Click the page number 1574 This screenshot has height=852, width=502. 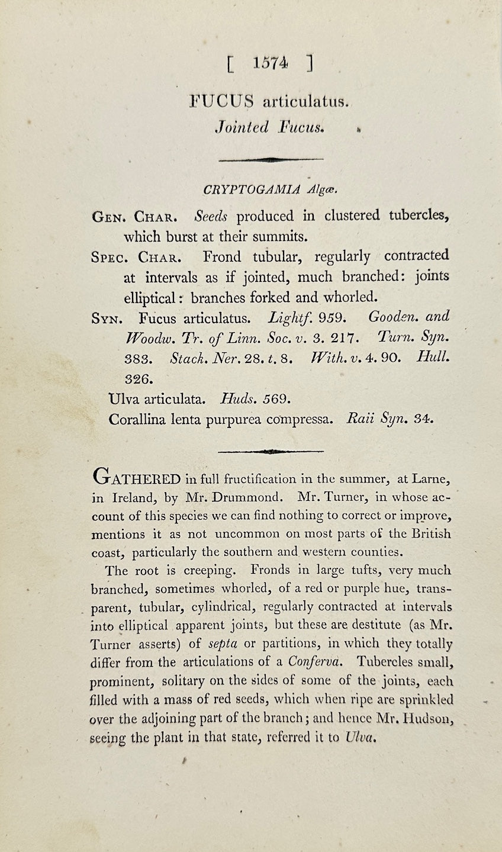coord(269,63)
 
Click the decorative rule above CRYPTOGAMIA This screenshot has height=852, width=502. coord(271,159)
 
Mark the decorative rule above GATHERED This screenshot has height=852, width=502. coord(271,451)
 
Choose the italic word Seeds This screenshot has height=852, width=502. coord(211,216)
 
